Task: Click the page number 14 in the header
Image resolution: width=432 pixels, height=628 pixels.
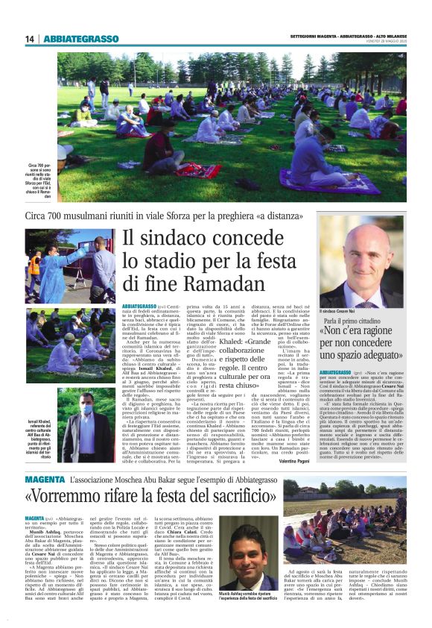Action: tap(30, 39)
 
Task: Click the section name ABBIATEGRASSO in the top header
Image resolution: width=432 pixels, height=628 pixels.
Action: tap(82, 39)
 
